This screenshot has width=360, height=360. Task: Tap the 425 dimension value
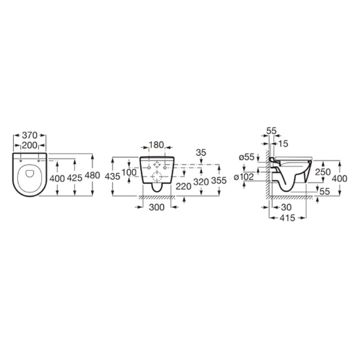click(75, 178)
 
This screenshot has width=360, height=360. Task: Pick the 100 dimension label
click(129, 172)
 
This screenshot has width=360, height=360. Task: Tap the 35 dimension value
click(201, 153)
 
